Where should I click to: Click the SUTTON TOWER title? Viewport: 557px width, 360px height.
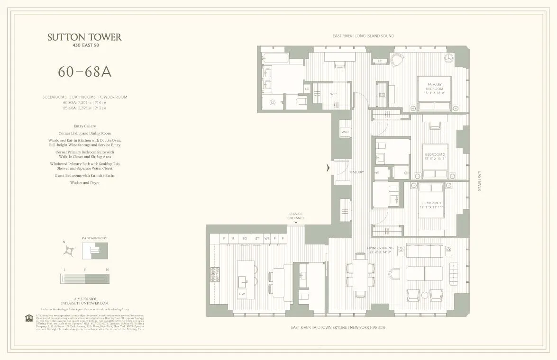[x=84, y=37]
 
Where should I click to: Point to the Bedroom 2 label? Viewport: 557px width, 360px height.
[x=434, y=157]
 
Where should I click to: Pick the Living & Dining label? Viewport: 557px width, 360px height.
[x=380, y=250]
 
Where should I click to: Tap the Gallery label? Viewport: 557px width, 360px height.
[x=357, y=172]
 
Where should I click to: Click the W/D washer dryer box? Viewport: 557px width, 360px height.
[x=345, y=132]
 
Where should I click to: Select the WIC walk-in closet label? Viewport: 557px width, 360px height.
[x=333, y=94]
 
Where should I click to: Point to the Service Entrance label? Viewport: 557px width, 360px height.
[x=295, y=216]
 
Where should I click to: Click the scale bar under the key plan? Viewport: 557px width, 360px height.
[x=84, y=279]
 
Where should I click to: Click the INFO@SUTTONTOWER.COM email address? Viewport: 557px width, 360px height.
[x=84, y=303]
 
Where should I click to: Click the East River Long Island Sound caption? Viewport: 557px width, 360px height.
[x=363, y=36]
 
